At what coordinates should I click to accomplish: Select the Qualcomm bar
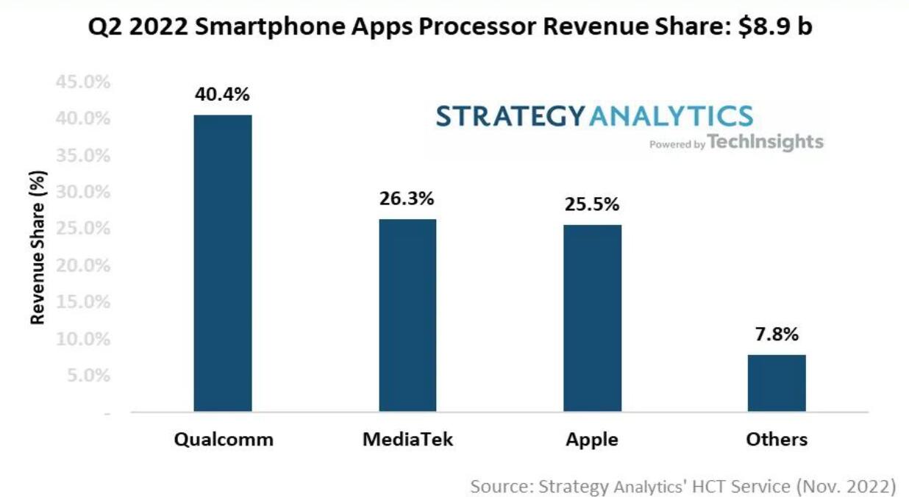pyautogui.click(x=223, y=262)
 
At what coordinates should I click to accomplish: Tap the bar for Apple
pyautogui.click(x=592, y=318)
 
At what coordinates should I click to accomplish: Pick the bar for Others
pyautogui.click(x=777, y=382)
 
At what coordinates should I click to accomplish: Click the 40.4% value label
pyautogui.click(x=222, y=94)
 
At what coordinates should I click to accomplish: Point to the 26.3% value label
pyautogui.click(x=407, y=199)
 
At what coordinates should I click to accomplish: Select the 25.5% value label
pyautogui.click(x=592, y=204)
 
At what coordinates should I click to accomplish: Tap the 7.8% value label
pyautogui.click(x=776, y=335)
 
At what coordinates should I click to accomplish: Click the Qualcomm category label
pyautogui.click(x=224, y=440)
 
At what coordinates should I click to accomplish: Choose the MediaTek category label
pyautogui.click(x=408, y=440)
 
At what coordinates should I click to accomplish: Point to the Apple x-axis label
pyautogui.click(x=592, y=440)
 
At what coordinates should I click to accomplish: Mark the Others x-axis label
pyautogui.click(x=777, y=440)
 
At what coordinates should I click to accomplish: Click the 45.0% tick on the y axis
pyautogui.click(x=83, y=82)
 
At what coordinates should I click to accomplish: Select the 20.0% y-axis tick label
pyautogui.click(x=83, y=265)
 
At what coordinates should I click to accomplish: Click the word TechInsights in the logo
pyautogui.click(x=766, y=142)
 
